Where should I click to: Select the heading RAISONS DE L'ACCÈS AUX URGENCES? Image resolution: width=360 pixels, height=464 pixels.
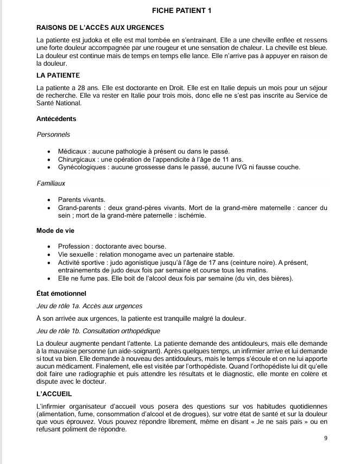click(x=100, y=27)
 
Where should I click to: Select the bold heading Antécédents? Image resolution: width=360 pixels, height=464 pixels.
click(x=56, y=119)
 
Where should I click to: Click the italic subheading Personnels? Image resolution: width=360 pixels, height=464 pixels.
click(x=53, y=134)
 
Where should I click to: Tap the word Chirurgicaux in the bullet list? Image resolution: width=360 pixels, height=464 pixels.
click(x=78, y=159)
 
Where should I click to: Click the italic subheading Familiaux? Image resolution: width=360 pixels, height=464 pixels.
click(x=51, y=183)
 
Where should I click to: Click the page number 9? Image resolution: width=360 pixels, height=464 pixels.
click(x=325, y=438)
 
